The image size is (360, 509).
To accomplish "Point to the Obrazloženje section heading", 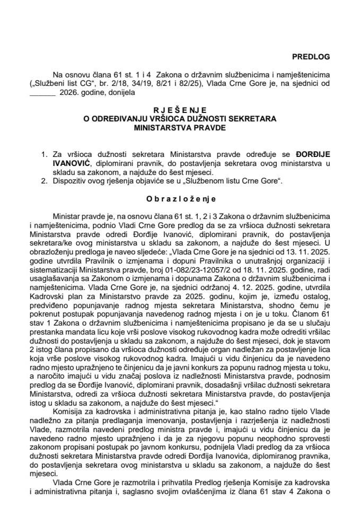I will [x=180, y=200].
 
